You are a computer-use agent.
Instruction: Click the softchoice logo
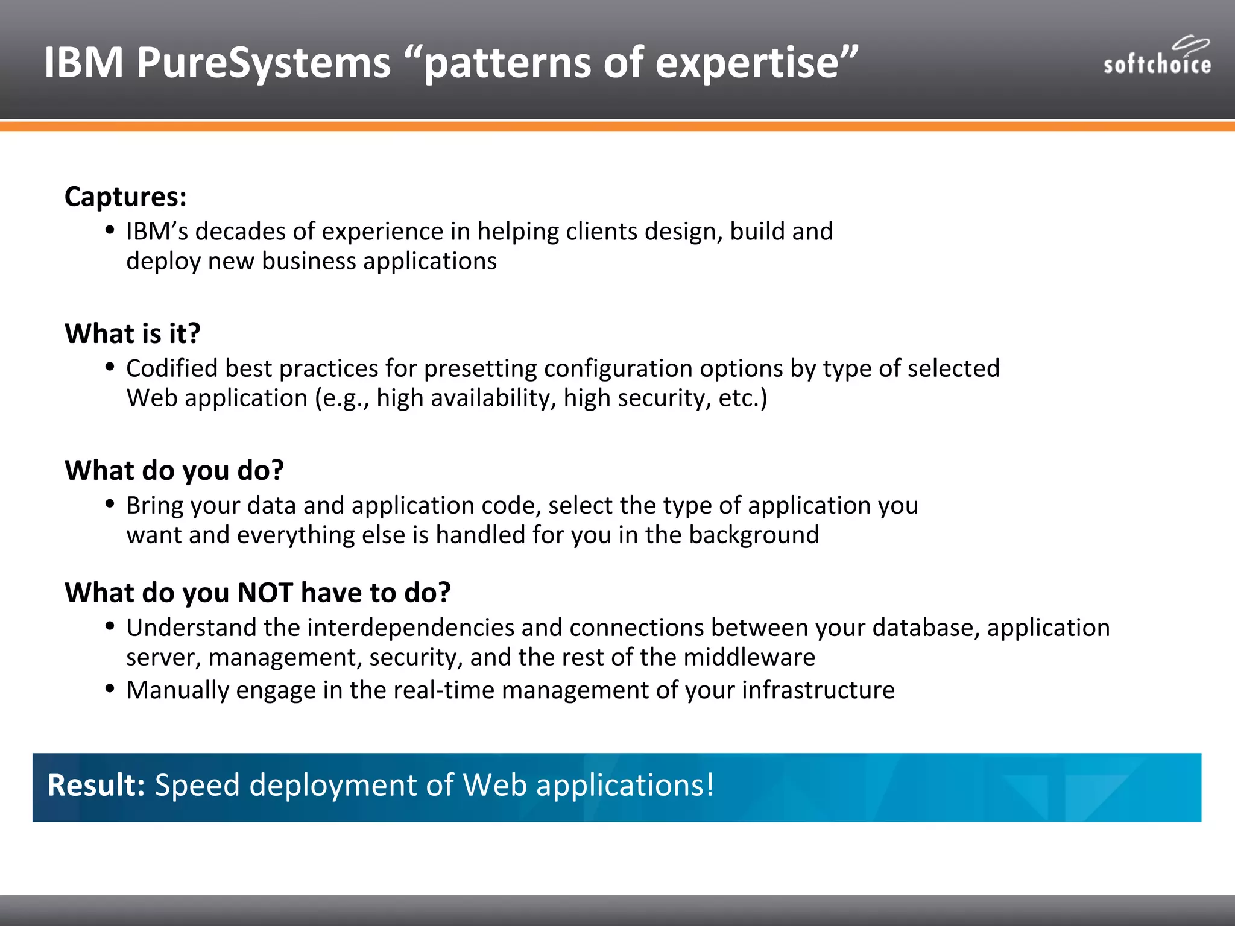(1157, 58)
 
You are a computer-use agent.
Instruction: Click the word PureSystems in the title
(264, 63)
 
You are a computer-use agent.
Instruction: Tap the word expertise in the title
(747, 63)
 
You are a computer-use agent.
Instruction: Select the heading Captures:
(125, 197)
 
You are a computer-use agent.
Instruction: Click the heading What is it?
(133, 333)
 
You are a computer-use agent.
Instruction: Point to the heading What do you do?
(174, 471)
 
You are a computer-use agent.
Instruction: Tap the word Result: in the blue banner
(96, 786)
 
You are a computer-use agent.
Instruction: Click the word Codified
(172, 368)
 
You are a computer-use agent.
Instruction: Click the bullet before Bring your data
(110, 504)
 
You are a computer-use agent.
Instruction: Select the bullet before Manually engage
(110, 688)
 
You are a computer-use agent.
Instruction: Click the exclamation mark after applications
(710, 786)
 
